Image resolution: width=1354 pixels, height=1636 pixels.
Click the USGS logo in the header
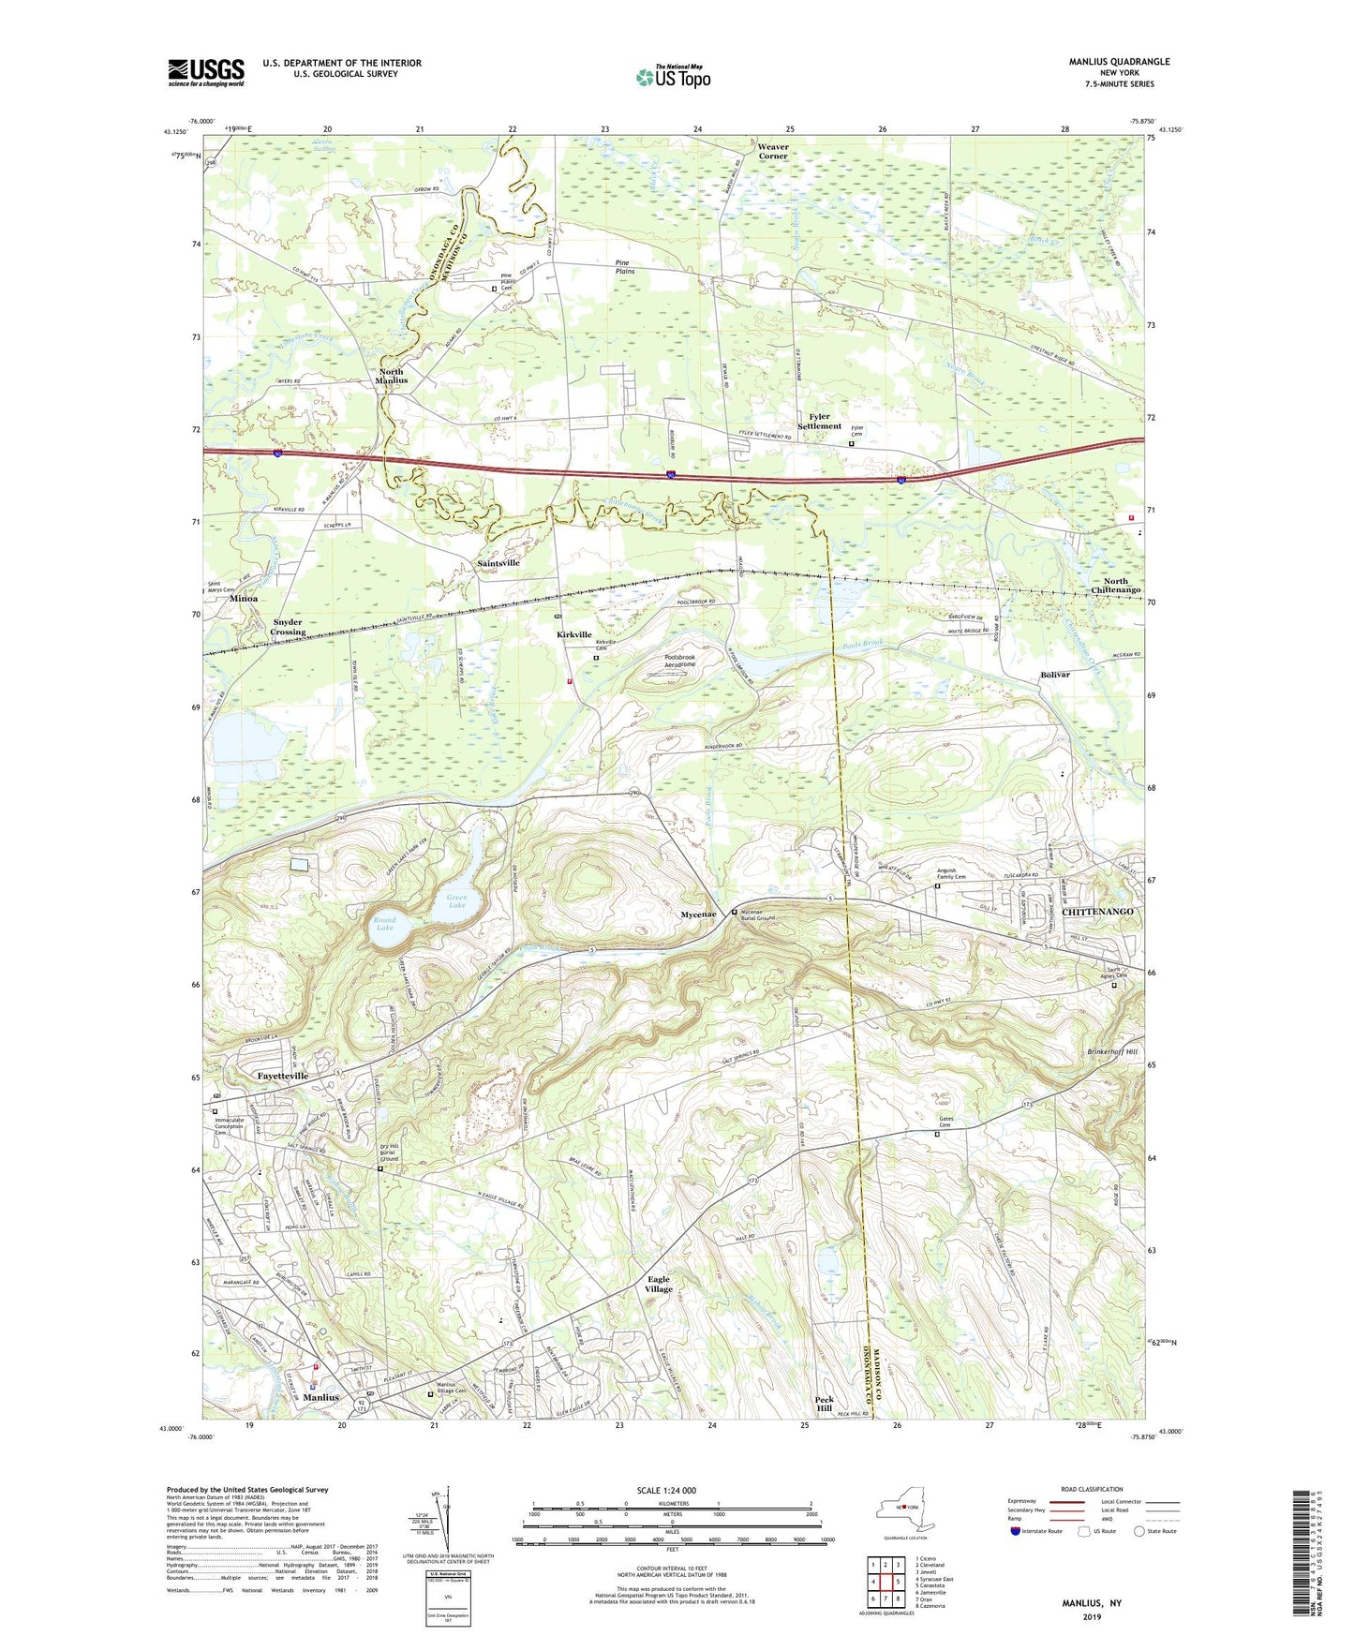206,72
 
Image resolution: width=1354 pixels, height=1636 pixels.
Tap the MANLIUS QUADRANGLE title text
1119,62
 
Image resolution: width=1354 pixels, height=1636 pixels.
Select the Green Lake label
456,901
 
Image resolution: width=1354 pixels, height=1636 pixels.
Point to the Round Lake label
385,924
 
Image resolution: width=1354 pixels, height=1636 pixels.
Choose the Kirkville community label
574,634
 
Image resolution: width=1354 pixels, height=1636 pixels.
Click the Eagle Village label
659,1285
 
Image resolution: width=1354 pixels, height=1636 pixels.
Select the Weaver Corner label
773,152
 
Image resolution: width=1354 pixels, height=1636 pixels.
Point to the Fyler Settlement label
819,422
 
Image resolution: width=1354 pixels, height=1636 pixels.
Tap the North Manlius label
391,376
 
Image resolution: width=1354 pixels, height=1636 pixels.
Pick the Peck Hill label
824,1403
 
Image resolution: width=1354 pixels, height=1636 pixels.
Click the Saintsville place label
498,563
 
